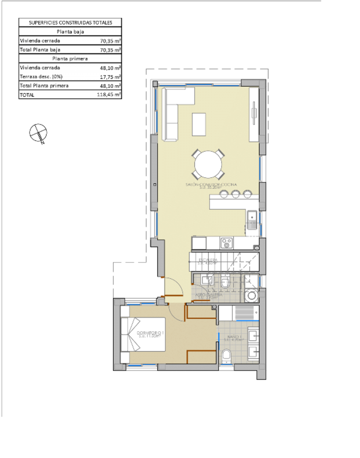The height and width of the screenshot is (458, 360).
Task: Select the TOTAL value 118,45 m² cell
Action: coord(109,95)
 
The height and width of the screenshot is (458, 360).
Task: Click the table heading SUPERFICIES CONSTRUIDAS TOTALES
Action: coord(70,23)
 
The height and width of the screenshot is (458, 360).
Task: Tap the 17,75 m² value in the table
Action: coord(109,77)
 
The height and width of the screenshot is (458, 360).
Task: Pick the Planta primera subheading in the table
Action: coord(70,59)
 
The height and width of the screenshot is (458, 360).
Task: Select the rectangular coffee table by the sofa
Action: coord(199,124)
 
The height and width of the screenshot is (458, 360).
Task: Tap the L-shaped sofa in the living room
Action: coord(174,112)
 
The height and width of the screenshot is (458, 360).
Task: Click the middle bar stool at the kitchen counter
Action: coord(235,194)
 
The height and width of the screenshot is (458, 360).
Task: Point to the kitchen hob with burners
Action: coord(226,243)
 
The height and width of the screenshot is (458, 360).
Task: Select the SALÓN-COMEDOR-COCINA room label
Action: coord(211,184)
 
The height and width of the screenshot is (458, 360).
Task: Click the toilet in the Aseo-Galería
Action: coord(225,282)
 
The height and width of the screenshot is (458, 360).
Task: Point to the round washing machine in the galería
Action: coord(252,295)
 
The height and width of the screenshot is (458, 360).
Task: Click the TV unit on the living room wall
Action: coord(253,114)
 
